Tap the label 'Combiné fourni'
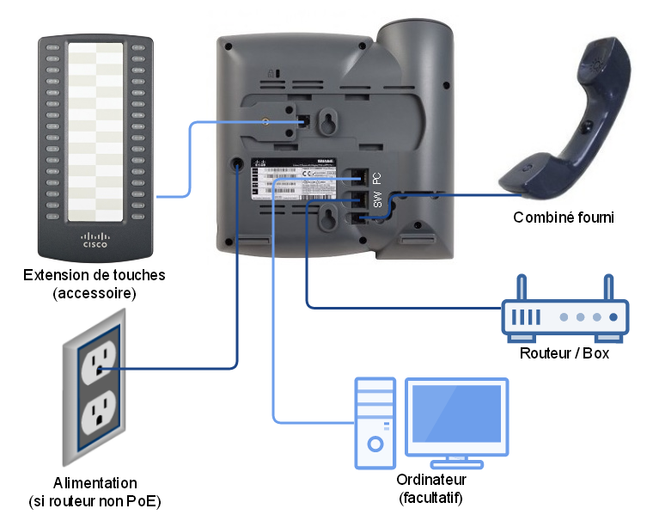pyautogui.click(x=563, y=218)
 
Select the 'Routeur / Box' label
pyautogui.click(x=565, y=352)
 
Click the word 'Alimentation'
pyautogui.click(x=94, y=483)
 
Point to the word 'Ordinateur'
pyautogui.click(x=431, y=480)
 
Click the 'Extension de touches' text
pyautogui.click(x=95, y=275)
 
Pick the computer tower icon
pyautogui.click(x=375, y=422)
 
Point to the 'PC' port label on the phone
pyautogui.click(x=376, y=178)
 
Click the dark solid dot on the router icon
pyautogui.click(x=613, y=317)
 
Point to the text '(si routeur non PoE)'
pyautogui.click(x=94, y=501)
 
